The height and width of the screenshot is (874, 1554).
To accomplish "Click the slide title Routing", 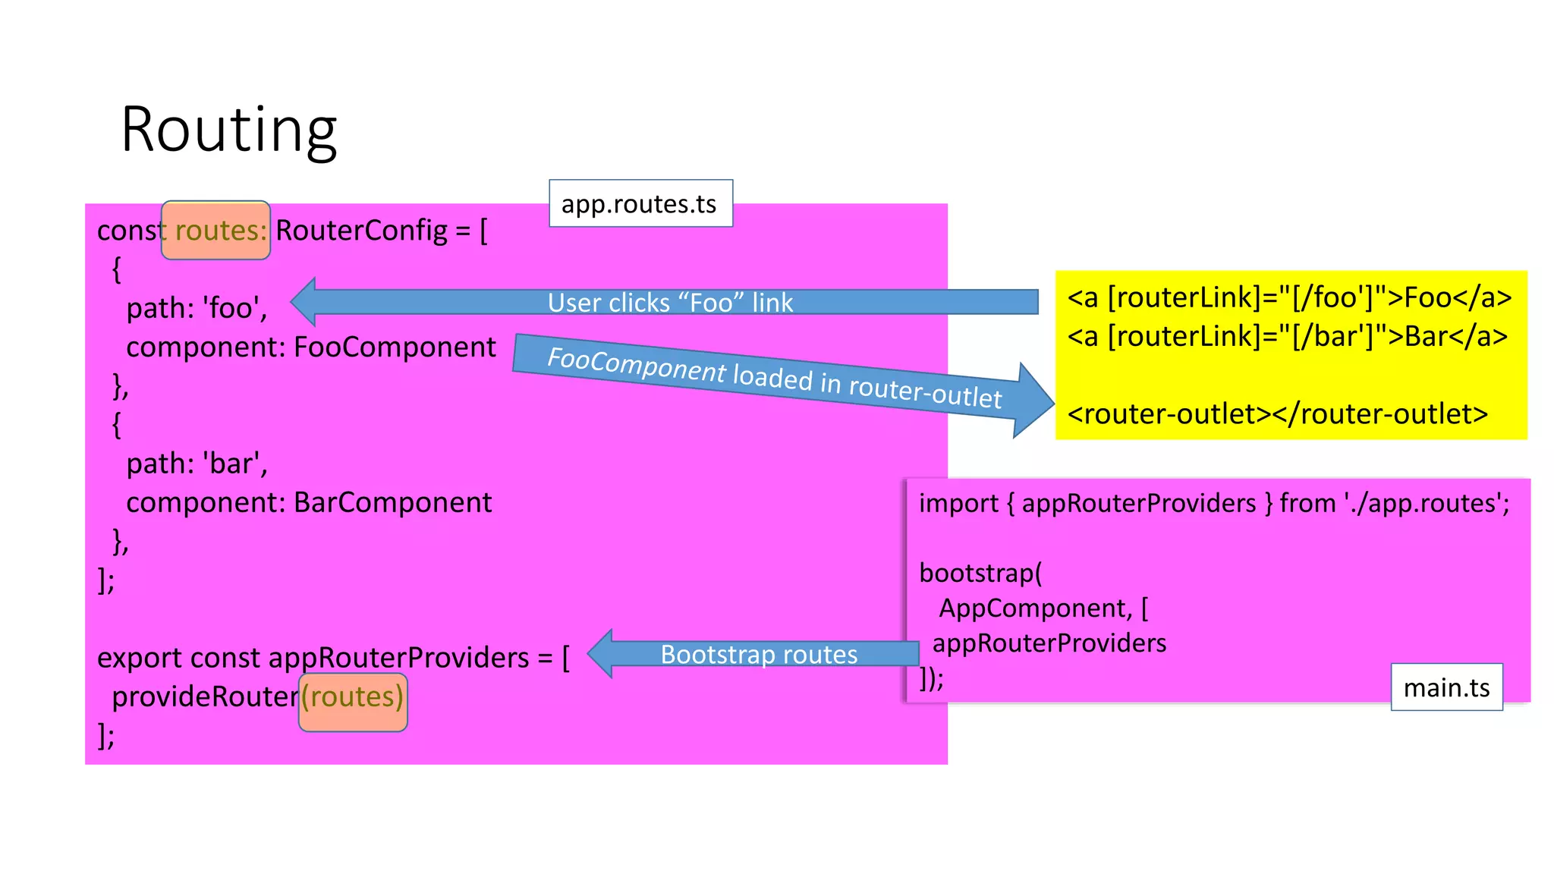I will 228,130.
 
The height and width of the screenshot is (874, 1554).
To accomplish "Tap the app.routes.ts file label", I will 640,203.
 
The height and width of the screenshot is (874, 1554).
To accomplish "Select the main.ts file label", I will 1446,687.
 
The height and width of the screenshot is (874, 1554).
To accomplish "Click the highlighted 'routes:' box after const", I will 216,231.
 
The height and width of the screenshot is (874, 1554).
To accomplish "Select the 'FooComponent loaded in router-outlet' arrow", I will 774,377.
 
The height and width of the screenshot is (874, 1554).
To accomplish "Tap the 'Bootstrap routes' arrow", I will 758,654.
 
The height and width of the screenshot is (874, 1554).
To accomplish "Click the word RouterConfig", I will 361,231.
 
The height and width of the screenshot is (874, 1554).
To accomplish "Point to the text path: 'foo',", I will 197,308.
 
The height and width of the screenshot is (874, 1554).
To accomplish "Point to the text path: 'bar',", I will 197,464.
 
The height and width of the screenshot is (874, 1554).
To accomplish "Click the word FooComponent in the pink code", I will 395,347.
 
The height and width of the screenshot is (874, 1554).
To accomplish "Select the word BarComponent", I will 392,503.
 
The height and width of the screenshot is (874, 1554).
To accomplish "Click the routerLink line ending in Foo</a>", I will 1289,297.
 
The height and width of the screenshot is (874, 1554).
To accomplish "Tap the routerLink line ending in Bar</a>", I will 1287,336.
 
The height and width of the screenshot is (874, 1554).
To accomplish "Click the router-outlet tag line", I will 1277,414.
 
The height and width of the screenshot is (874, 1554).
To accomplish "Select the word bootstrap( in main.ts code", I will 980,573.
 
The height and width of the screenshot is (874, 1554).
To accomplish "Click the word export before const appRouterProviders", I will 140,658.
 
